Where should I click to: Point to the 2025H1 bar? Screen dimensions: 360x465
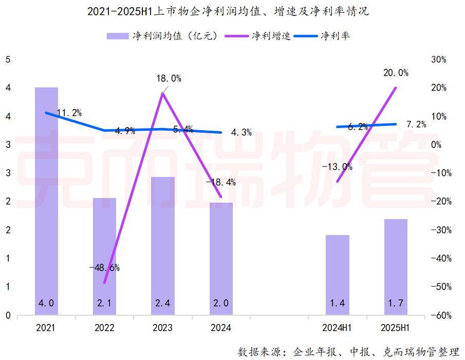396,267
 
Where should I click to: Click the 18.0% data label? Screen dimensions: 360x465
169,79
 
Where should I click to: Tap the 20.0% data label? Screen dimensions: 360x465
396,73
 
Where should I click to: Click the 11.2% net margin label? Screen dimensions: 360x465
69,113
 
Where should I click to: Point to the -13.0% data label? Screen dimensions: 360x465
337,167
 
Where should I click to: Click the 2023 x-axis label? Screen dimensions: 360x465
163,328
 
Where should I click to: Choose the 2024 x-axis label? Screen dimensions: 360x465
221,328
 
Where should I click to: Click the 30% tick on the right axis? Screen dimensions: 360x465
438,60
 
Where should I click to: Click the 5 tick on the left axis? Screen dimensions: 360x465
8,60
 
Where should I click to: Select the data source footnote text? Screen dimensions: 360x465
348,352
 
